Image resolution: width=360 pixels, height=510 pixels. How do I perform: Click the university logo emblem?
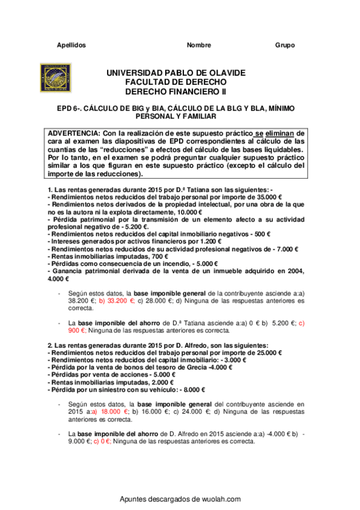click(x=58, y=78)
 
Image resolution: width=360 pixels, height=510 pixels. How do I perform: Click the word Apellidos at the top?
click(x=71, y=45)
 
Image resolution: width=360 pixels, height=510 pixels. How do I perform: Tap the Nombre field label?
click(x=199, y=45)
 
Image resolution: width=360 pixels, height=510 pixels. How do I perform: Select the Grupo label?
click(x=285, y=45)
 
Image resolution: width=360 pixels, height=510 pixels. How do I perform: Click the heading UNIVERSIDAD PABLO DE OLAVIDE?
click(x=175, y=73)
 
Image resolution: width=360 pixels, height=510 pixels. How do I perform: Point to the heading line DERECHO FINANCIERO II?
click(x=175, y=92)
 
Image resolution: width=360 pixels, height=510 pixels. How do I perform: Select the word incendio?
click(x=153, y=262)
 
